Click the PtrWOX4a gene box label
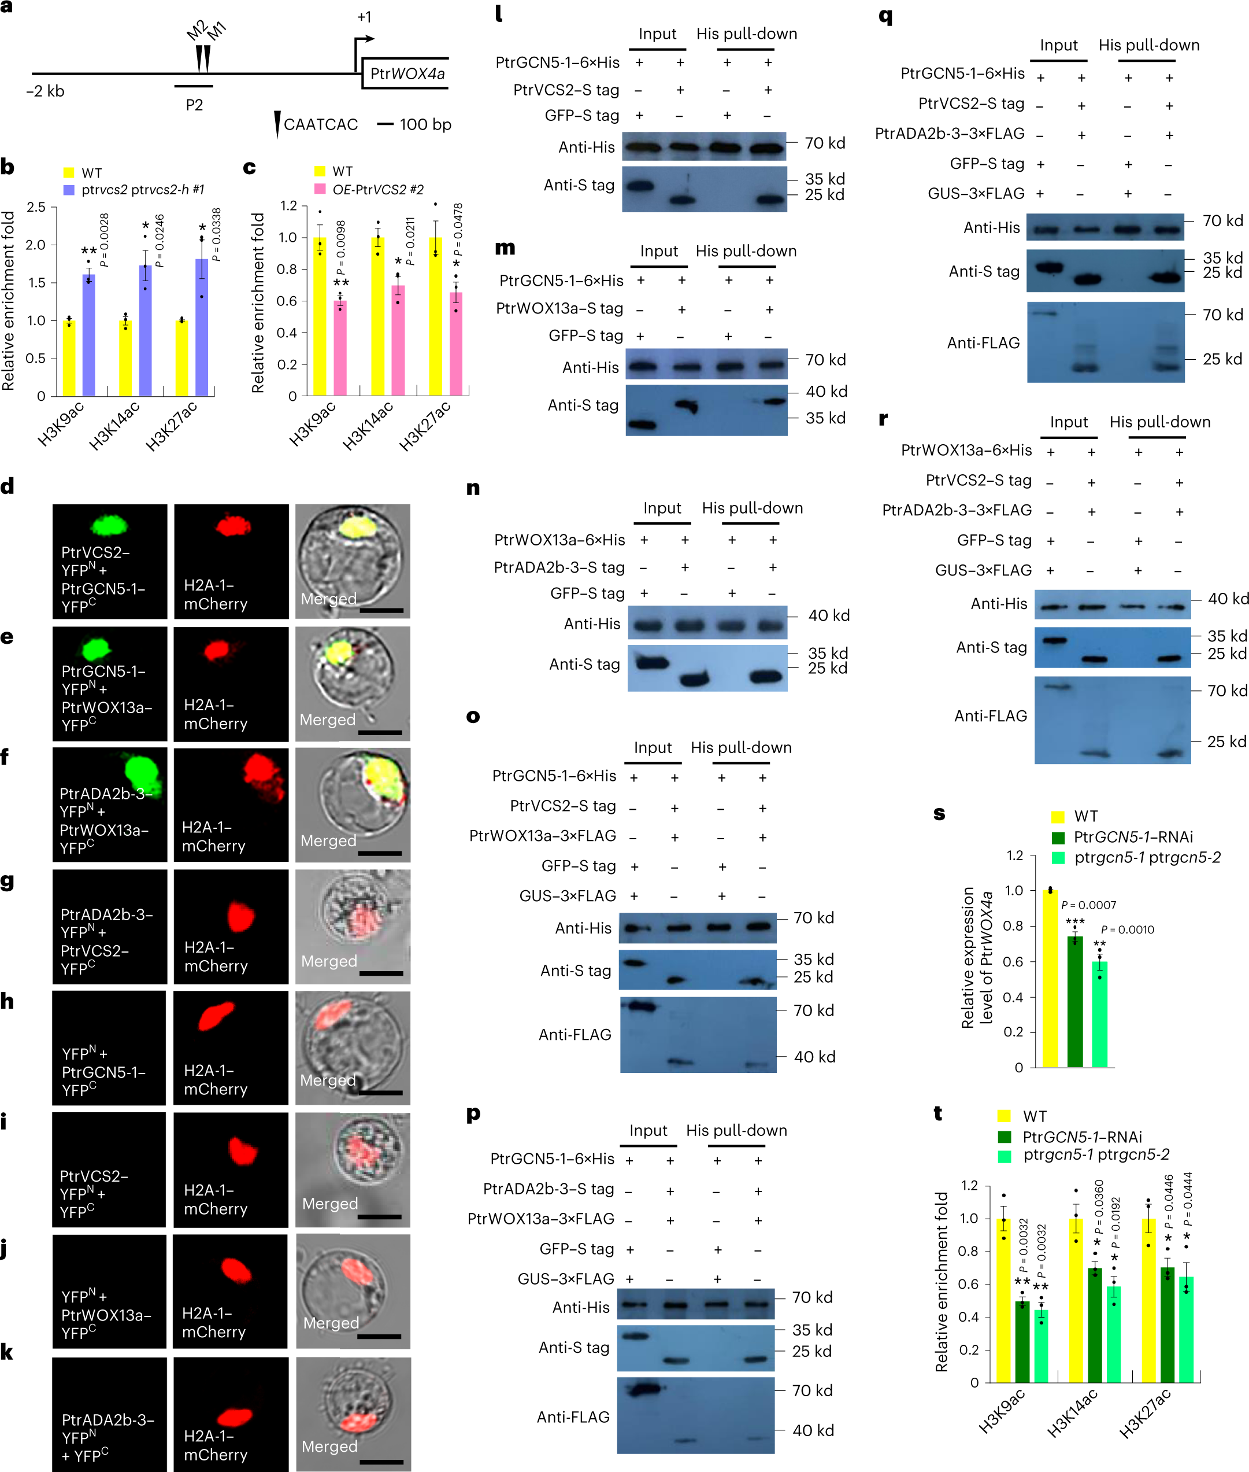[x=407, y=73]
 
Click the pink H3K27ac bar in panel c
[x=456, y=344]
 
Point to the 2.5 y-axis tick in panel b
[x=35, y=207]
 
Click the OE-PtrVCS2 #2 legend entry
[x=377, y=190]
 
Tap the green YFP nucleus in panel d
[x=110, y=525]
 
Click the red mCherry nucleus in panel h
[x=216, y=1016]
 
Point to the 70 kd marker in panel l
[x=824, y=143]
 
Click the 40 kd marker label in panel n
[x=828, y=615]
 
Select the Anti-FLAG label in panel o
[x=575, y=1034]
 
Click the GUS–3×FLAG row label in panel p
[x=565, y=1279]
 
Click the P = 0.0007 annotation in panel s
[x=1088, y=905]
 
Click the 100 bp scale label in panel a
[x=425, y=125]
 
